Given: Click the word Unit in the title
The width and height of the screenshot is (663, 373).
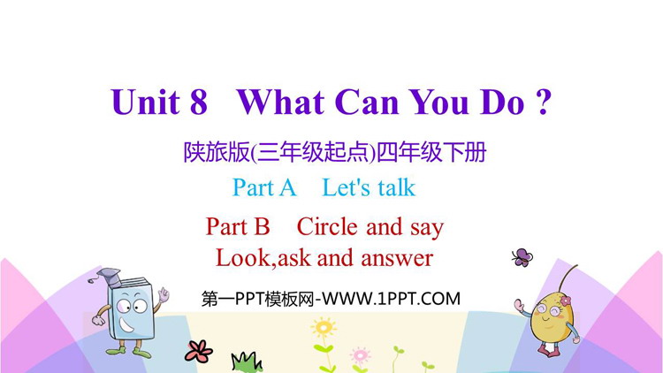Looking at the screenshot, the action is [146, 102].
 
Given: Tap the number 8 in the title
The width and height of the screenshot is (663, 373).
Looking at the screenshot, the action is [199, 102].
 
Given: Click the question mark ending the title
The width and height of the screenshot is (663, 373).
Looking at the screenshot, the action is [545, 102].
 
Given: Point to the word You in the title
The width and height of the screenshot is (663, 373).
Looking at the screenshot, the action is [439, 102].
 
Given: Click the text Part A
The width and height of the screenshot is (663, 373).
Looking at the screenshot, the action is [264, 187].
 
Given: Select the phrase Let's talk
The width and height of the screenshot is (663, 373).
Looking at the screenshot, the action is [369, 187].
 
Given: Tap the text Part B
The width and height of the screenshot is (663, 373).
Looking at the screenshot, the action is [238, 226].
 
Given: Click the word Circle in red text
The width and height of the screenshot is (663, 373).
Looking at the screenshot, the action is [327, 226].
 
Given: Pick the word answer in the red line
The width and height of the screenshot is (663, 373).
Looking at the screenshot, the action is [397, 258].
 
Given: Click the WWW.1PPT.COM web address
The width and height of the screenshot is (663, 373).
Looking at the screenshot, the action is [391, 299].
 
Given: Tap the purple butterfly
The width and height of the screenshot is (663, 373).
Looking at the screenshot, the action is [522, 257].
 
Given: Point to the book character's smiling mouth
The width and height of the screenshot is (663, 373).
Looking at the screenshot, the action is [126, 324].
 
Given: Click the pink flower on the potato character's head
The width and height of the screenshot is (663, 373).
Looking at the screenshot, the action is [566, 301].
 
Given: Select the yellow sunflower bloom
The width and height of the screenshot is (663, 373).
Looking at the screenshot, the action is [324, 327].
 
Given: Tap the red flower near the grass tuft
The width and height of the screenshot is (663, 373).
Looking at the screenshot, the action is [198, 352].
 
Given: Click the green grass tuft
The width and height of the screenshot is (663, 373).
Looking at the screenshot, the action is [247, 362].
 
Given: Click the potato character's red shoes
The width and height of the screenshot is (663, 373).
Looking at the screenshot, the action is [549, 349].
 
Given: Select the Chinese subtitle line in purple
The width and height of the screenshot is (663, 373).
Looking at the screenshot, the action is [335, 152].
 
